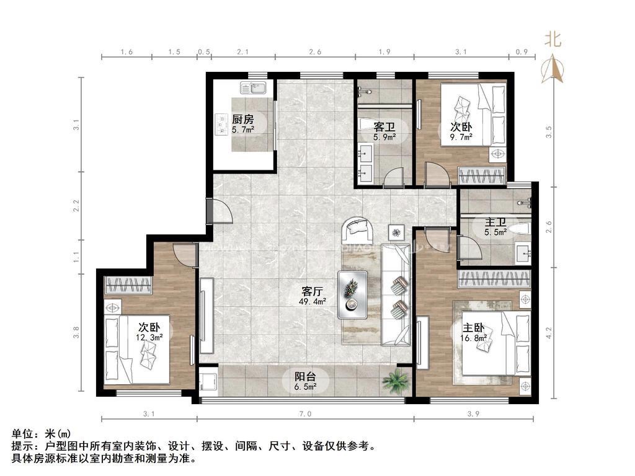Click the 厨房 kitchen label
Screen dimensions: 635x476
[x=243, y=120]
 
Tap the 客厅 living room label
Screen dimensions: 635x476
[x=313, y=291]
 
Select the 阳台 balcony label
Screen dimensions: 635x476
[x=305, y=377]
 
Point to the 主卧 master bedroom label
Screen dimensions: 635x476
[x=473, y=327]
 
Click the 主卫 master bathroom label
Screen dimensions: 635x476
[x=495, y=223]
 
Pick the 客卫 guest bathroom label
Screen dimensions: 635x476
[x=384, y=126]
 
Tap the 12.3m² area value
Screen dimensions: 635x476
[x=150, y=337]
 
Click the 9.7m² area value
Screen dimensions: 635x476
[x=461, y=137]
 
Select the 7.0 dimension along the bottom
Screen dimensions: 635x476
[x=305, y=413]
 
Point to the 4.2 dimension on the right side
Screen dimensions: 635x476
[x=549, y=333]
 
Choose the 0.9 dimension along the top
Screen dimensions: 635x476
[x=522, y=52]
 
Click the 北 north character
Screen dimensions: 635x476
[x=553, y=40]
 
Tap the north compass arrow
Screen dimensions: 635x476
[x=553, y=69]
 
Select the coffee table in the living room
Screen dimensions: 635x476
[x=353, y=294]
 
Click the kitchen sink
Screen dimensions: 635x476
[x=252, y=87]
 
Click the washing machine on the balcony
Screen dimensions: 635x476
[x=208, y=381]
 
